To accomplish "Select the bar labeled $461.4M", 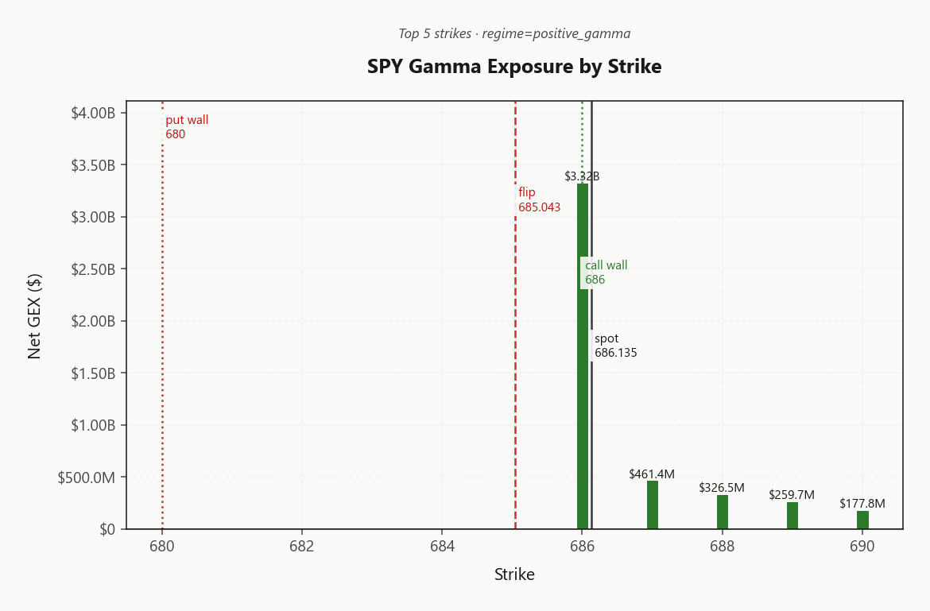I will tap(653, 505).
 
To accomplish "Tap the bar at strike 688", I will tap(723, 512).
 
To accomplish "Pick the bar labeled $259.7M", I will tap(792, 516).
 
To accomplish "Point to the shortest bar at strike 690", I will tap(862, 520).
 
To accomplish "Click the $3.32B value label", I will tap(582, 176).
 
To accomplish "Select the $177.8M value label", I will tap(862, 504).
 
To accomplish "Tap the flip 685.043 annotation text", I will tap(539, 199).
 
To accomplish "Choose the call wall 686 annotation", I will tap(606, 273).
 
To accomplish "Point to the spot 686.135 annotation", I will tap(615, 346).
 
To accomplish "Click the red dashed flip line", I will tap(516, 358).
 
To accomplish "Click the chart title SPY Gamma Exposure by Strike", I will tap(514, 67).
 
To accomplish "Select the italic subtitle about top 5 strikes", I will tap(514, 33).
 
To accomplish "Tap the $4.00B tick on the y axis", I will tap(93, 114).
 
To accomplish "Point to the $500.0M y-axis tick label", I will tap(87, 478).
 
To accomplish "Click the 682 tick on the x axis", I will tap(302, 547).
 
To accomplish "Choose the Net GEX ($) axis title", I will tap(34, 316).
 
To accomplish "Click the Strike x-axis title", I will tap(514, 574).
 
